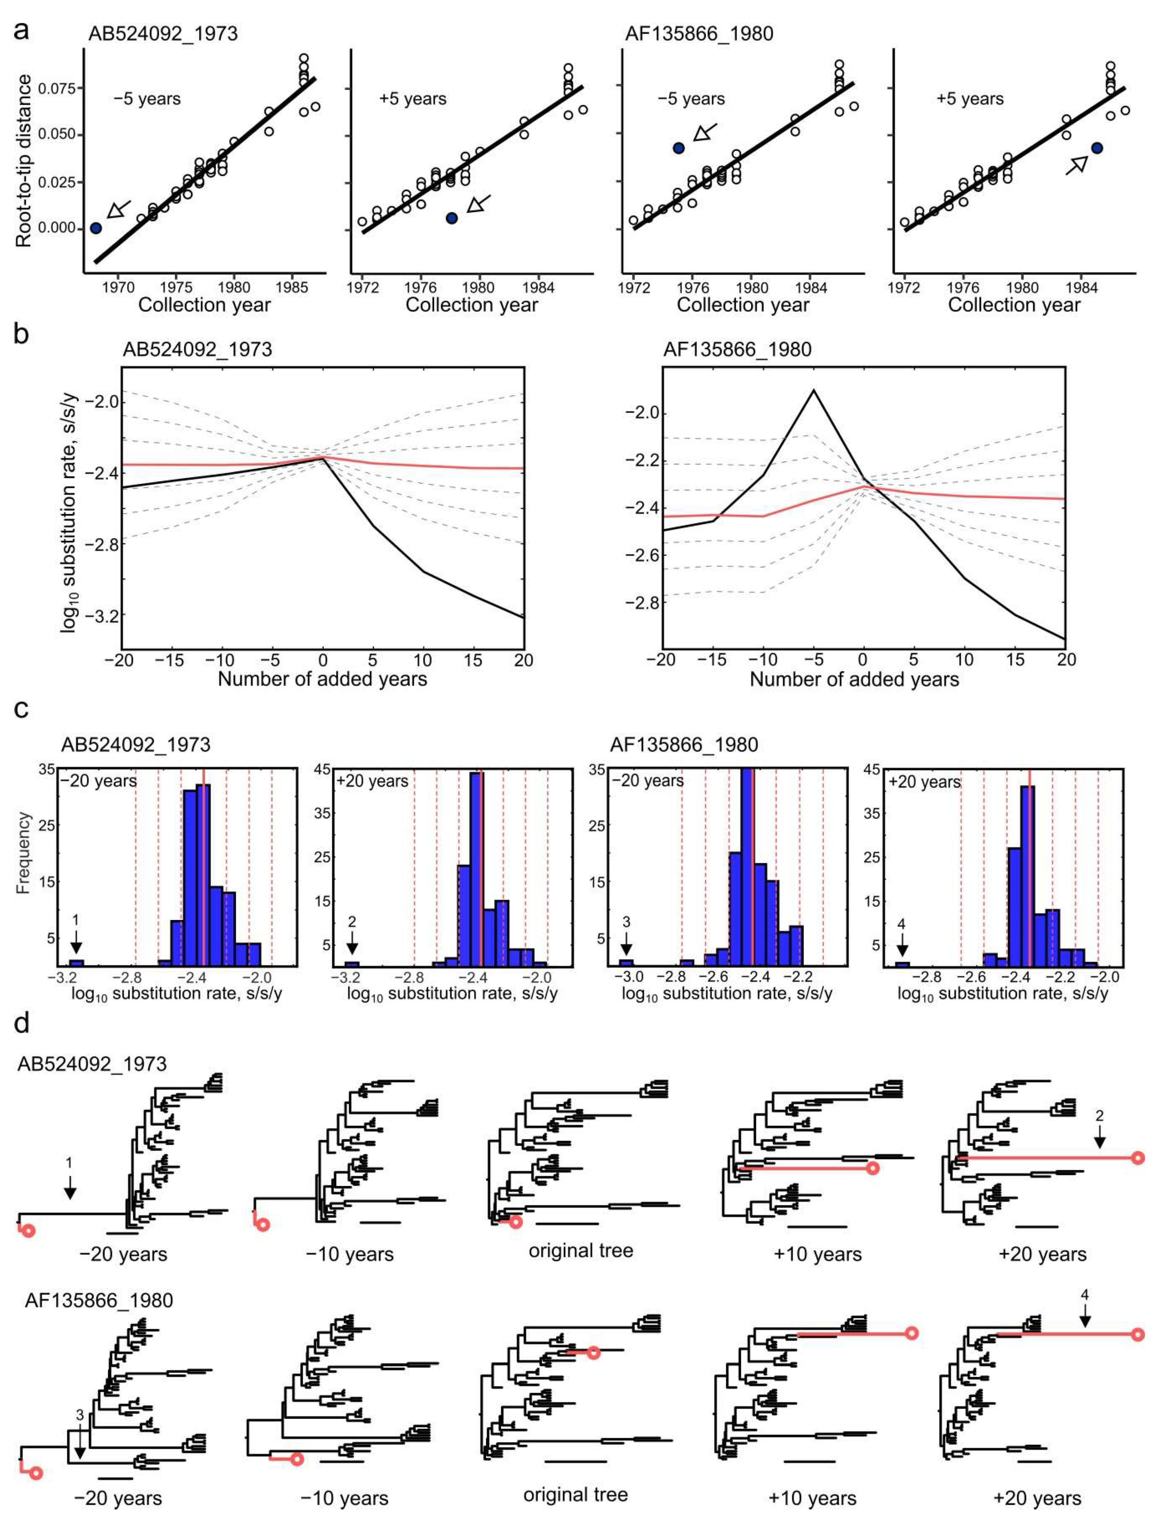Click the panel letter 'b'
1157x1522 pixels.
pyautogui.click(x=21, y=335)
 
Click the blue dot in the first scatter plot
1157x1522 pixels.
pyautogui.click(x=96, y=228)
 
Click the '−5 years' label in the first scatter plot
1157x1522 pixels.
pyautogui.click(x=147, y=99)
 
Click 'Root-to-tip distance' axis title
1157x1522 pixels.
pyautogui.click(x=24, y=161)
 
